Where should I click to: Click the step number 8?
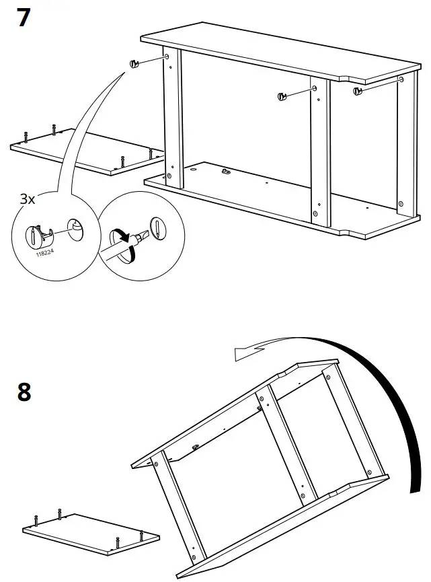tap(24, 392)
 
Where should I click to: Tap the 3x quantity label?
tap(27, 199)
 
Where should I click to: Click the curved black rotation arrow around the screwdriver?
tap(122, 238)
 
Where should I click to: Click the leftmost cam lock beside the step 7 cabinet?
tap(134, 63)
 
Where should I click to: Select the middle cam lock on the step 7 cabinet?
tap(281, 96)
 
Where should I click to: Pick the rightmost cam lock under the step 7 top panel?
tap(358, 89)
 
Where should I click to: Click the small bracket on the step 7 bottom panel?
tap(226, 172)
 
